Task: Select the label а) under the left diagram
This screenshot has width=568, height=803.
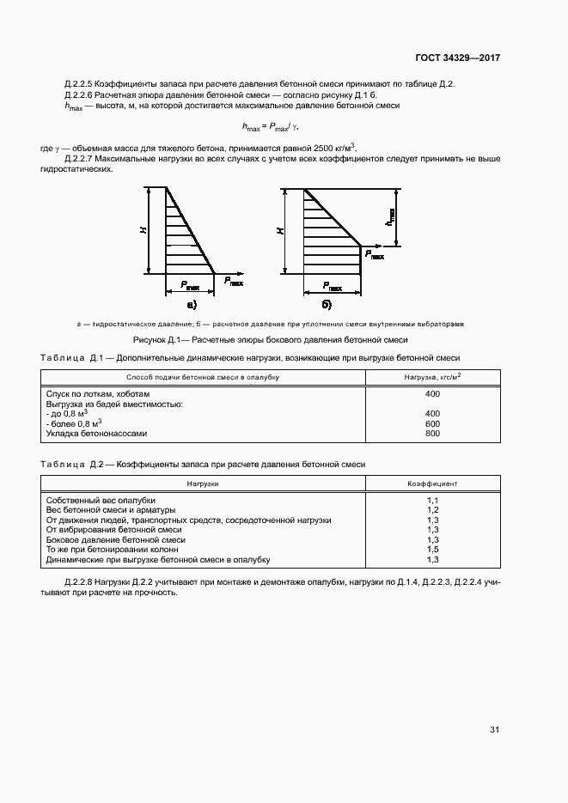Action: [191, 304]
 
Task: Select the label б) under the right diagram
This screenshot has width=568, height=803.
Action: [327, 304]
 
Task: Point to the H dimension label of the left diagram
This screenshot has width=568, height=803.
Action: [144, 230]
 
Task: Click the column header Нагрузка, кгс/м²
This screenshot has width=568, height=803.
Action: [432, 375]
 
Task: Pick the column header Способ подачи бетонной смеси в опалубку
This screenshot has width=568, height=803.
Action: [203, 376]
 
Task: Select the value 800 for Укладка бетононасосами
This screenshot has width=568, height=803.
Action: [432, 433]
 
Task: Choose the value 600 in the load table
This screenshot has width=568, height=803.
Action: [432, 423]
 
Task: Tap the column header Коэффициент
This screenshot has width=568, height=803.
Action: [432, 484]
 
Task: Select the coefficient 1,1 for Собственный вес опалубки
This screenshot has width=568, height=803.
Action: [432, 500]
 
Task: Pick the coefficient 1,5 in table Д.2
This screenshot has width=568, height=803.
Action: [432, 550]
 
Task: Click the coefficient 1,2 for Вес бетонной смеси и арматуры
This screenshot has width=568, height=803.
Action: [432, 510]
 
